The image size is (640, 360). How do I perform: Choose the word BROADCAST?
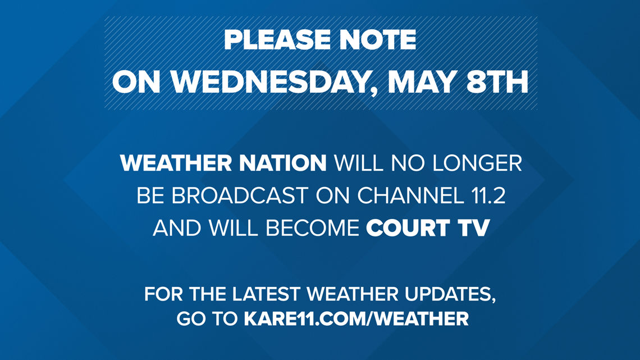[240, 196]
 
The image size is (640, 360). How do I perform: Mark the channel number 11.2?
[484, 196]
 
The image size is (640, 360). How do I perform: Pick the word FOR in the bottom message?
[163, 295]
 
